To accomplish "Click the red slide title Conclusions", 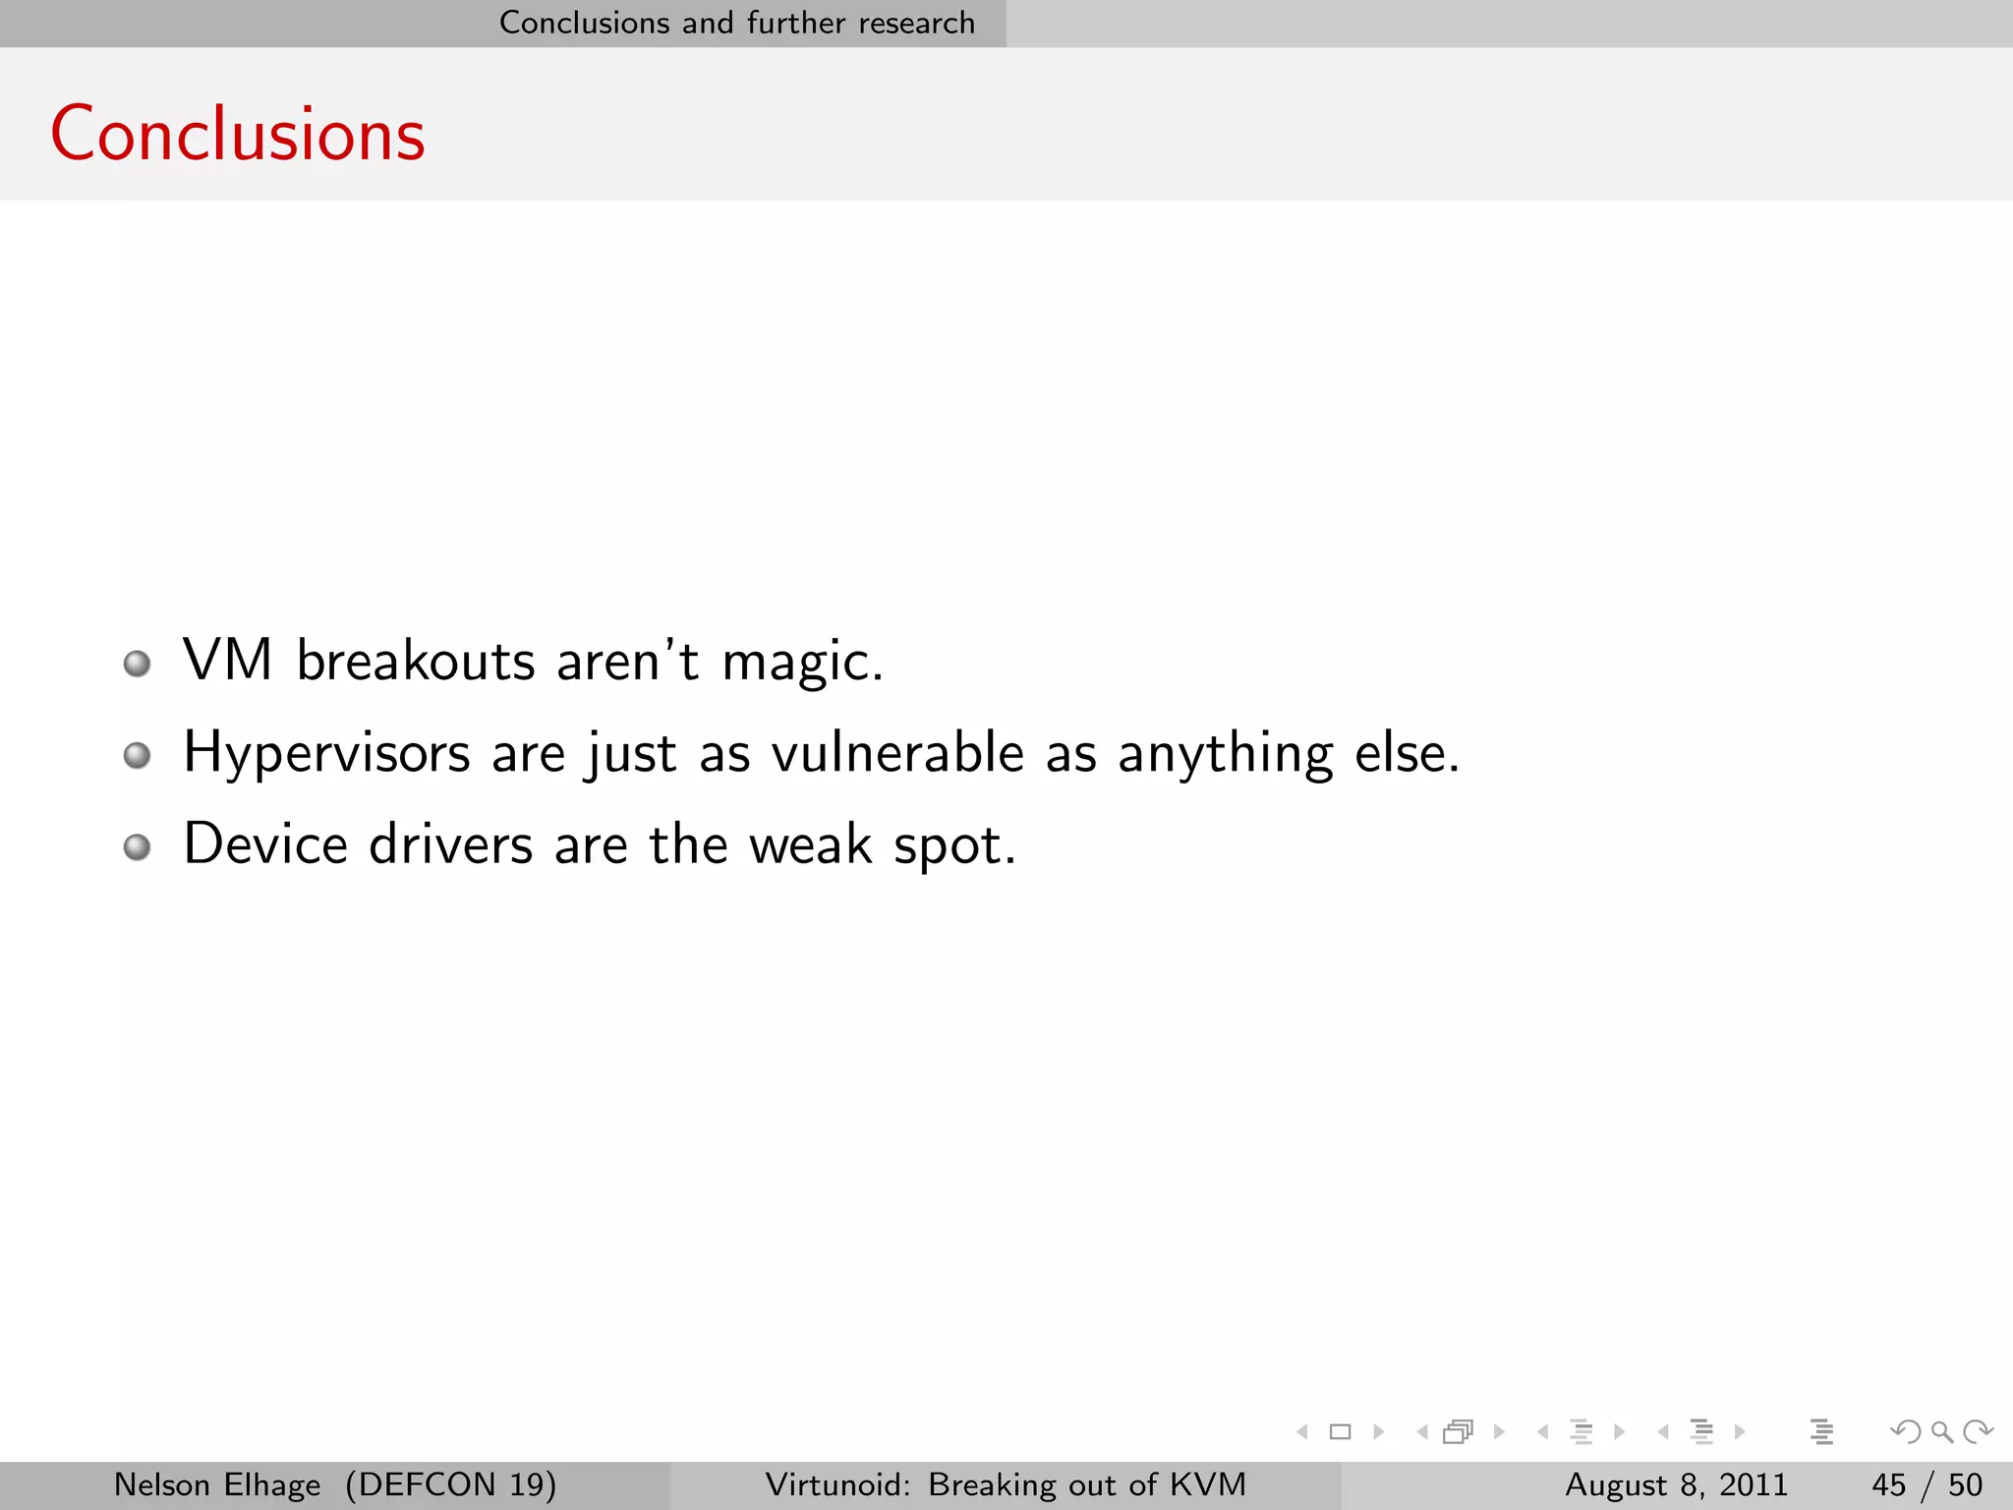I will pyautogui.click(x=237, y=134).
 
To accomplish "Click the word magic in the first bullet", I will pyautogui.click(x=802, y=661).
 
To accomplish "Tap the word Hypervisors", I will pyautogui.click(x=327, y=754).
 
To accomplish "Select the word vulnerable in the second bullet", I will pyautogui.click(x=897, y=753).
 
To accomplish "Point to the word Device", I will pyautogui.click(x=265, y=844).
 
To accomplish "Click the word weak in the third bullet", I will pyautogui.click(x=810, y=844).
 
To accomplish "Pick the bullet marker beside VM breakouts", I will pyautogui.click(x=138, y=664).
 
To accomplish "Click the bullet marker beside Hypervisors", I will pyautogui.click(x=138, y=755).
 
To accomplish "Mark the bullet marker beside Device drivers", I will pyautogui.click(x=138, y=846).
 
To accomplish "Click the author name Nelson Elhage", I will pyautogui.click(x=217, y=1484).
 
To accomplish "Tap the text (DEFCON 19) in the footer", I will pyautogui.click(x=451, y=1484).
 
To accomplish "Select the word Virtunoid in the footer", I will pyautogui.click(x=837, y=1484).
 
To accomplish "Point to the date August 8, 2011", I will pyautogui.click(x=1676, y=1484).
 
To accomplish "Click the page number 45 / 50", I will pyautogui.click(x=1927, y=1484).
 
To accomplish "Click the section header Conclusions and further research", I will pyautogui.click(x=737, y=23).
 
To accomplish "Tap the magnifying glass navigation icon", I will pyautogui.click(x=1941, y=1432).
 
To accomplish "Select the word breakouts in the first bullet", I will pyautogui.click(x=416, y=661).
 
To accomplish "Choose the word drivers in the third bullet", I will pyautogui.click(x=450, y=844).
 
